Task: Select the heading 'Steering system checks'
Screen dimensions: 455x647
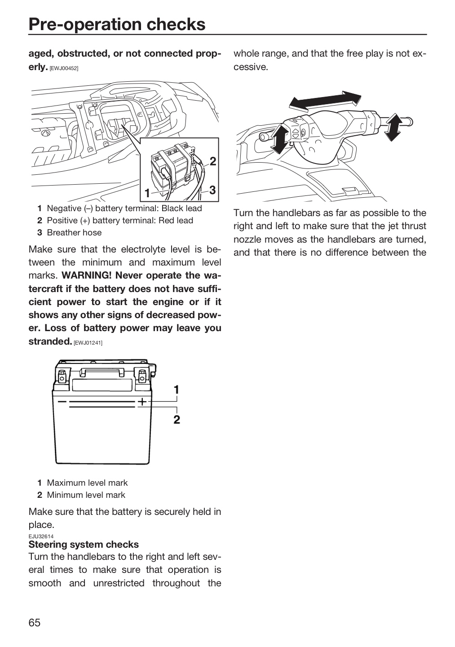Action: [x=84, y=544]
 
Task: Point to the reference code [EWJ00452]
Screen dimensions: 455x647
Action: [x=64, y=68]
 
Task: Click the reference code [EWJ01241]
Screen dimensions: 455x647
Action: [x=88, y=343]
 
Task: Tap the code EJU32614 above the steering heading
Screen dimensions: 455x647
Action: [x=41, y=536]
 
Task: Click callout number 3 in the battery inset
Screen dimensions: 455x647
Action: [x=212, y=190]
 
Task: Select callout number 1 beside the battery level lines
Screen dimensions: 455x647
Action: [x=177, y=390]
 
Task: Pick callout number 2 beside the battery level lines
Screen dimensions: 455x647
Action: [x=177, y=419]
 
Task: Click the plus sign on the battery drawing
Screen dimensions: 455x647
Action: [x=142, y=402]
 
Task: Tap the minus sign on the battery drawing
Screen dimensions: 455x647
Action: [x=62, y=402]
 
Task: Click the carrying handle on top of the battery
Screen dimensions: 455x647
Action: [x=102, y=372]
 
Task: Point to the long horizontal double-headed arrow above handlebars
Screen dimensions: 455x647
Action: [x=325, y=101]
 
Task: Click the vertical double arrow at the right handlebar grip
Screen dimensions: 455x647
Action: [x=393, y=127]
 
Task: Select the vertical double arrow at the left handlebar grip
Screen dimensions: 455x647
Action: [x=279, y=139]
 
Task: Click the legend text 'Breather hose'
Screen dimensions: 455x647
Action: [x=74, y=233]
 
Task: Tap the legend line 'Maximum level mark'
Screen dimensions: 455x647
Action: [x=87, y=483]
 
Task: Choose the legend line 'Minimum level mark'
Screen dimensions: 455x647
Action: [x=86, y=495]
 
